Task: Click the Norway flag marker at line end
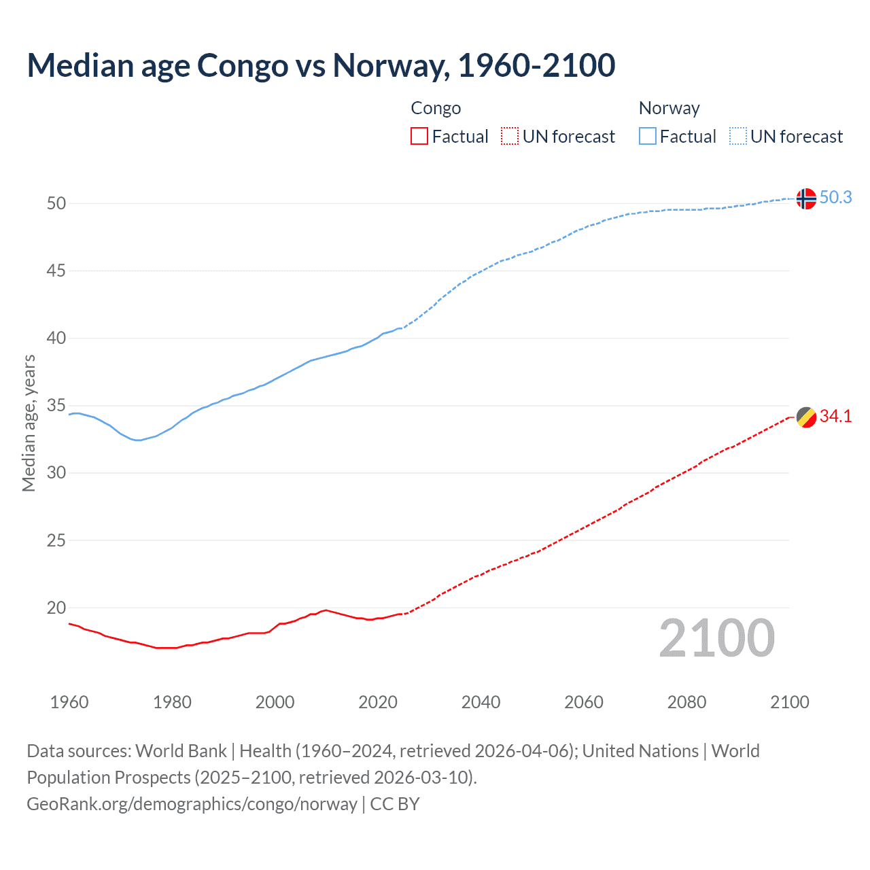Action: pyautogui.click(x=805, y=198)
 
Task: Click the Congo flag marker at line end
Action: pyautogui.click(x=805, y=417)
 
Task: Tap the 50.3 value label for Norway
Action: pyautogui.click(x=835, y=198)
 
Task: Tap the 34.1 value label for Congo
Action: pyautogui.click(x=835, y=417)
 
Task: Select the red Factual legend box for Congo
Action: pyautogui.click(x=419, y=137)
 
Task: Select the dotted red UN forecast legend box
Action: pyautogui.click(x=510, y=137)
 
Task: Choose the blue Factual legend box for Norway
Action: pyautogui.click(x=648, y=137)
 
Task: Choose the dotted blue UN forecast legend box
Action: pyautogui.click(x=738, y=137)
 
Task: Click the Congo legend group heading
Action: pyautogui.click(x=436, y=109)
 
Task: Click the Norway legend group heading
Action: pyautogui.click(x=669, y=109)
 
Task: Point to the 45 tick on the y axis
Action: pyautogui.click(x=56, y=271)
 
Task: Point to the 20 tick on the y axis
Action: pyautogui.click(x=56, y=608)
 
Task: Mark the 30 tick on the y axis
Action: pyautogui.click(x=56, y=473)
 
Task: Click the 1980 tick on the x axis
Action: pyautogui.click(x=172, y=702)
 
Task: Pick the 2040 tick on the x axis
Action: pyautogui.click(x=481, y=702)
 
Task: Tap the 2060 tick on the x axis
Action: pyautogui.click(x=584, y=702)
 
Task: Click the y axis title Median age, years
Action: pyautogui.click(x=29, y=423)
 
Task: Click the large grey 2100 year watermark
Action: pyautogui.click(x=716, y=638)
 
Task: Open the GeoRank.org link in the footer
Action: pyautogui.click(x=192, y=804)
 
